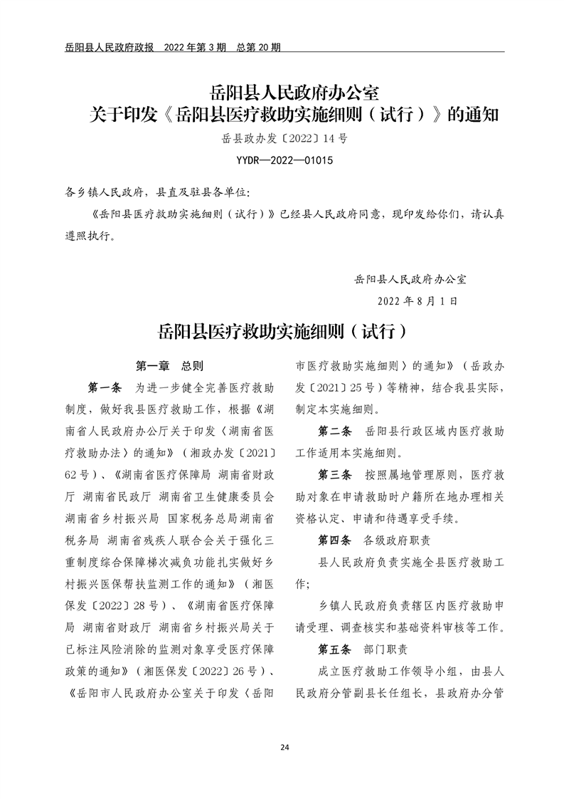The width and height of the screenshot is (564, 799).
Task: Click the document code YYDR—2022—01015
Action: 283,160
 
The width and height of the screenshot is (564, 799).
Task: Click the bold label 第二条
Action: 334,432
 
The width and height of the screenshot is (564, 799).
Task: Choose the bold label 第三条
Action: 334,475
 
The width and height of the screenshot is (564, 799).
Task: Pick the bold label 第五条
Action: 334,650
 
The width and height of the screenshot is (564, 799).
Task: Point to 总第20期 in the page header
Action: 258,48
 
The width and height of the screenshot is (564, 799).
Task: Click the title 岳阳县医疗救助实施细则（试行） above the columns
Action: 282,333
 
